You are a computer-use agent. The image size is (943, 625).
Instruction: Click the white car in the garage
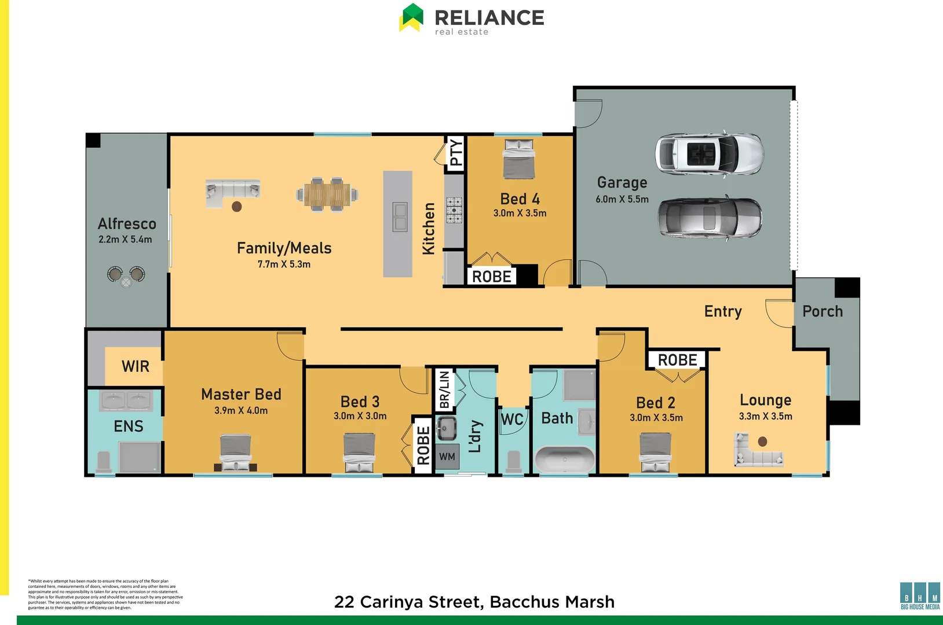710,153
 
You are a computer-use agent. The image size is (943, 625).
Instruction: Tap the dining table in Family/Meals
327,194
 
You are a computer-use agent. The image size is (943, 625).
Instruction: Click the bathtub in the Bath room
564,459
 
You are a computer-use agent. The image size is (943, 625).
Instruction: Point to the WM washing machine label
447,457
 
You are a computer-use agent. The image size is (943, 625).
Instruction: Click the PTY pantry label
456,153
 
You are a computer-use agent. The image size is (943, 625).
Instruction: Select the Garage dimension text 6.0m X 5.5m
622,199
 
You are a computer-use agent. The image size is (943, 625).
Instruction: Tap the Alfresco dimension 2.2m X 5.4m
125,240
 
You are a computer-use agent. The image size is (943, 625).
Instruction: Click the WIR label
136,366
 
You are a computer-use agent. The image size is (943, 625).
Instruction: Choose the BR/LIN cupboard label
444,390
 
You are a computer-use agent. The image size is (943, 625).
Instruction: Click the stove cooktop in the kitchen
454,210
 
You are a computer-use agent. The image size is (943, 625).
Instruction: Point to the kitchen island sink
400,216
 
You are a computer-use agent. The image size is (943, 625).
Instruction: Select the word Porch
823,311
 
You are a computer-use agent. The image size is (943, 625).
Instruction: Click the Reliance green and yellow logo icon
412,17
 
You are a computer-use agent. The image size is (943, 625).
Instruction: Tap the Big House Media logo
920,595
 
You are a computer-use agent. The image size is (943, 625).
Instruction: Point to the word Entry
723,311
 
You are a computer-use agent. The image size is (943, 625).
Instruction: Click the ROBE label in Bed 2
677,360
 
